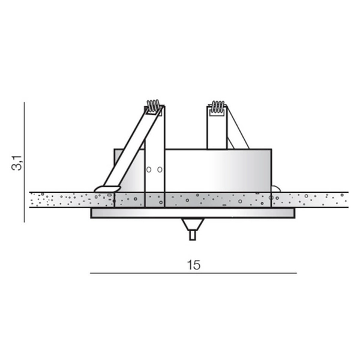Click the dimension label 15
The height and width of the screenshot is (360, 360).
[x=194, y=265]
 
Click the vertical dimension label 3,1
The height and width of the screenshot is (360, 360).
[x=17, y=163]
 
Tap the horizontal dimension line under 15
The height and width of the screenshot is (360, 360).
[x=193, y=273]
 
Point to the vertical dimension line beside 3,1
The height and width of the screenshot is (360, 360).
[x=24, y=163]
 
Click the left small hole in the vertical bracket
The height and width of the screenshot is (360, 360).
[x=149, y=170]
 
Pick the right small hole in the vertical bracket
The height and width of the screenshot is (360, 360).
[x=160, y=170]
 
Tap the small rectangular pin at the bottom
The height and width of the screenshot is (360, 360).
[x=193, y=235]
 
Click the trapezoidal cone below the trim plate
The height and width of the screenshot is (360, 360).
[x=193, y=224]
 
